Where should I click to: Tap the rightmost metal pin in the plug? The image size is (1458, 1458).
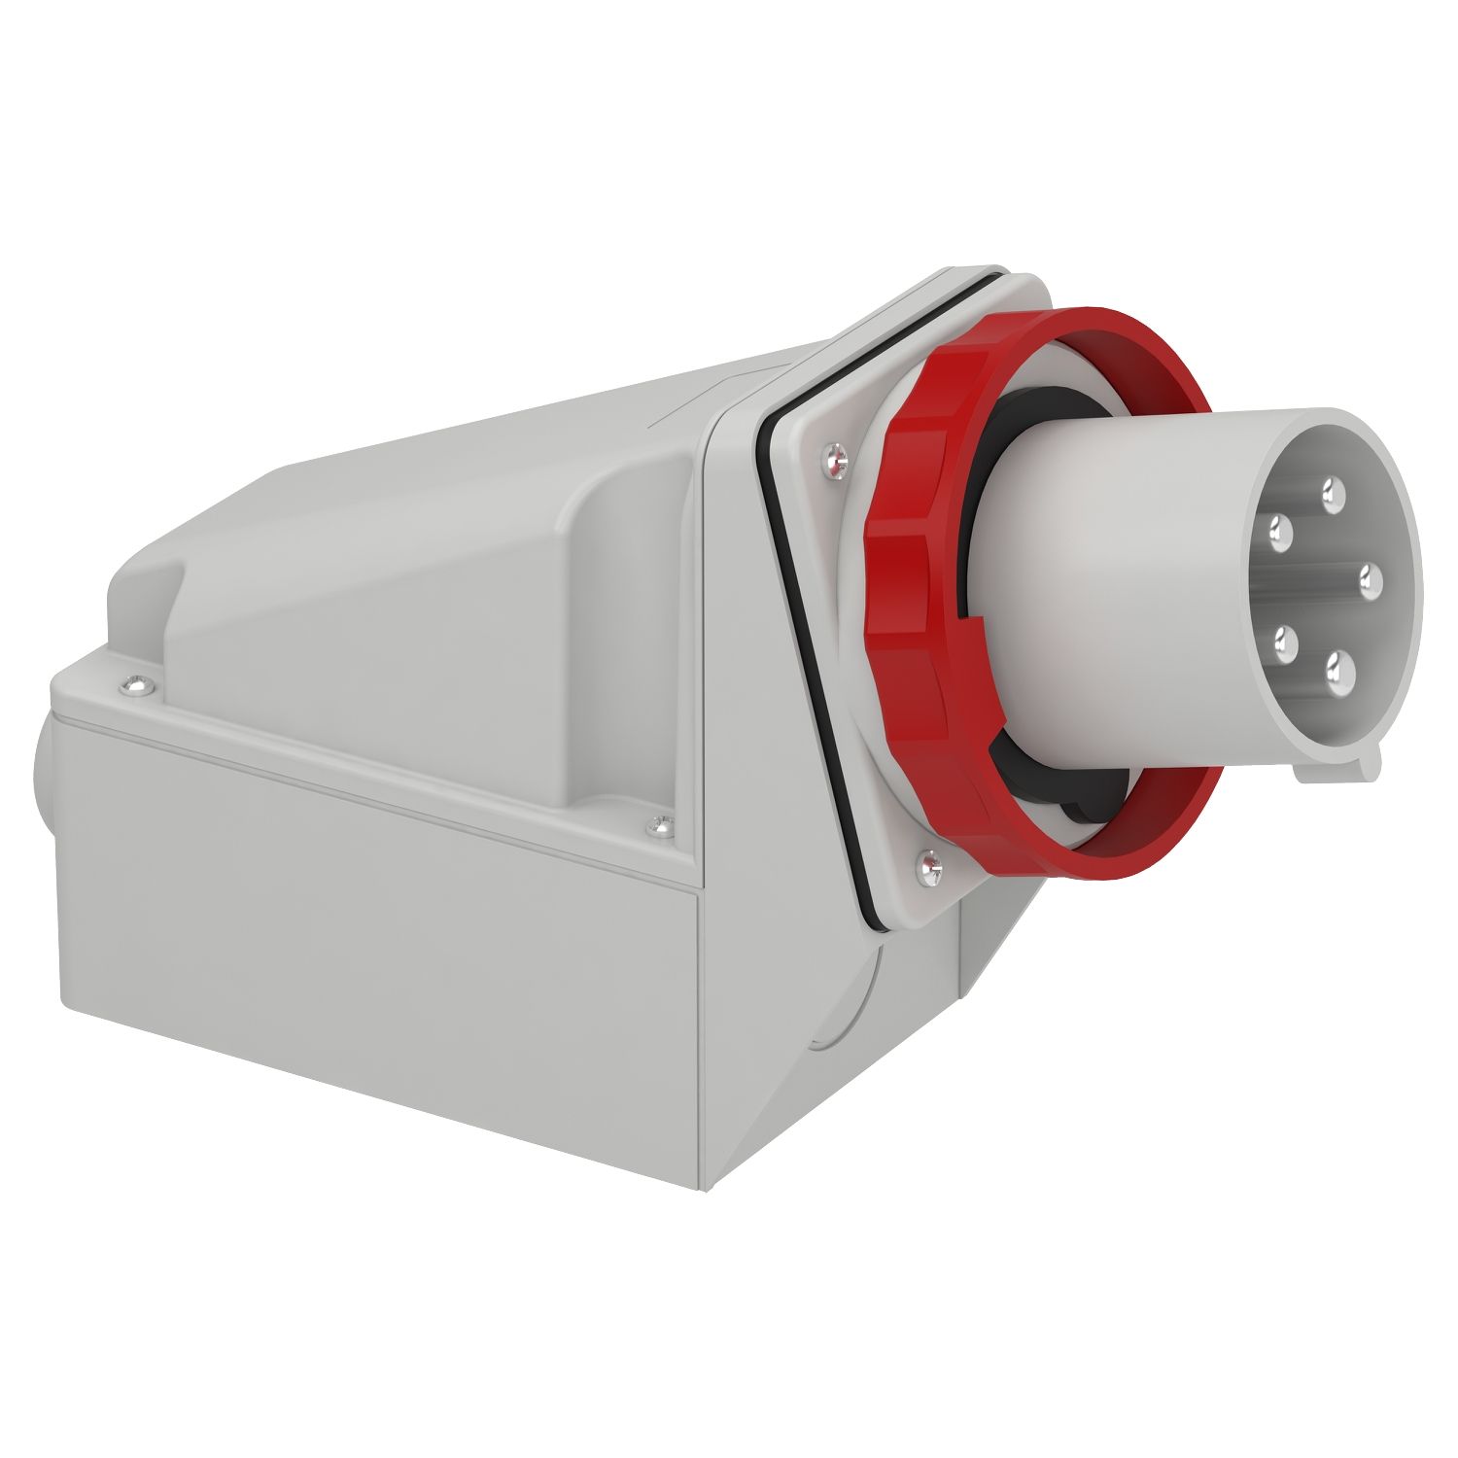tap(1371, 579)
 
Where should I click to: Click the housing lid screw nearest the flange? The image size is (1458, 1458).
tap(660, 826)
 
